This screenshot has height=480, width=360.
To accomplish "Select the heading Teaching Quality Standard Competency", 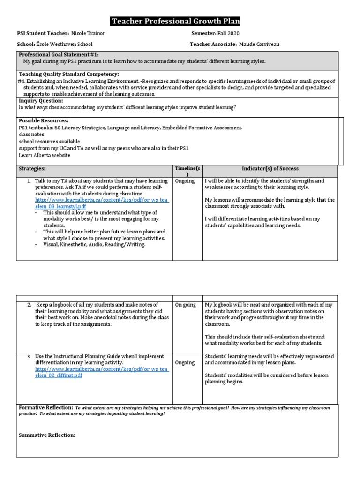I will pos(68,74).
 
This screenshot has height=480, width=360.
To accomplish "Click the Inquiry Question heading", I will pos(41,100).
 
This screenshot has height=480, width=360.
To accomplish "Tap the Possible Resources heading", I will pos(44,120).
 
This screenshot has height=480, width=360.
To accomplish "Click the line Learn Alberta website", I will pos(45,155).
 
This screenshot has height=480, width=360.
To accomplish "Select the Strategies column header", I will pos(32,168).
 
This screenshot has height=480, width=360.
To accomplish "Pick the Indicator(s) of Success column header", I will pos(270,168).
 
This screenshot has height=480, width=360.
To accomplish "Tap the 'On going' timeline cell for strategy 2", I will pos(186,305).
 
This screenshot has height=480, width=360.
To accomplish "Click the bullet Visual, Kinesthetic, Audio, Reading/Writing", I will pos(94,244).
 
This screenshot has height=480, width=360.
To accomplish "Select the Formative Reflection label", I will pos(45,408).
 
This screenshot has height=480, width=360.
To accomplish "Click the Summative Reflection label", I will pos(47,435).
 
